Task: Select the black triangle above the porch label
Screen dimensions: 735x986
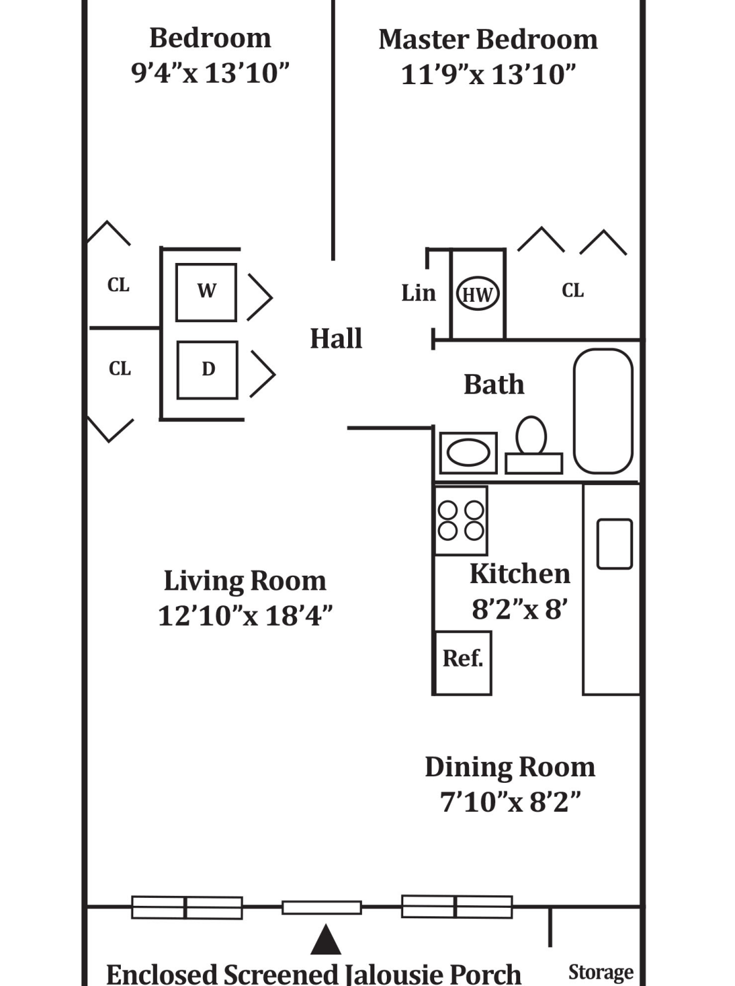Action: [x=326, y=940]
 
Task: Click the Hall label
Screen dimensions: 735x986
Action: [x=336, y=339]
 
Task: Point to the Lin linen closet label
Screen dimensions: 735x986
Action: [x=418, y=293]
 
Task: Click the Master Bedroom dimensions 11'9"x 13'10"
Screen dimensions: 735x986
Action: [x=488, y=74]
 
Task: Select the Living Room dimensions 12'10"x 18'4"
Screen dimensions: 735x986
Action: [x=245, y=615]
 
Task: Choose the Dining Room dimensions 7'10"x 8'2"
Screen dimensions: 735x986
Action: [x=510, y=802]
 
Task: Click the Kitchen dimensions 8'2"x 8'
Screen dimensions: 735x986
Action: [x=520, y=609]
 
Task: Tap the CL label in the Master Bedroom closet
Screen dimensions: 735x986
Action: [x=573, y=290]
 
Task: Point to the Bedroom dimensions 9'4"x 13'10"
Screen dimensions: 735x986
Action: [x=210, y=73]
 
